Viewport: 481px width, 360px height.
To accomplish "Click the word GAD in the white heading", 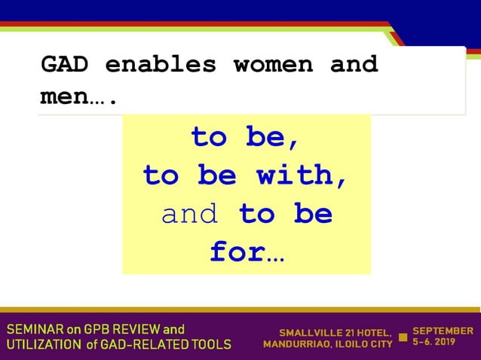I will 64,65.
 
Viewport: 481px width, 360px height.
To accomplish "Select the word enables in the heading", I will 161,65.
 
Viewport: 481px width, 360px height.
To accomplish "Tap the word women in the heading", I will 273,65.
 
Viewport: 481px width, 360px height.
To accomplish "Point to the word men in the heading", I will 64,98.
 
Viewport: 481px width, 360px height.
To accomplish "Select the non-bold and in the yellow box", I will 190,215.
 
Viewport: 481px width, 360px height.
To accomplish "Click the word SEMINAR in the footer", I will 33,330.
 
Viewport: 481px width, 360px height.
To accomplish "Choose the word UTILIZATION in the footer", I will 42,345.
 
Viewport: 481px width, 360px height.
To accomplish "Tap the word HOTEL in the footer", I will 372,332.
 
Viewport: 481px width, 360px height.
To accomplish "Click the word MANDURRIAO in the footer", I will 296,345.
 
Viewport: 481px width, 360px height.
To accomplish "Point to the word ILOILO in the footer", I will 350,345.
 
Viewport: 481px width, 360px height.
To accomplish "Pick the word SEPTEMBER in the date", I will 443,331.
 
